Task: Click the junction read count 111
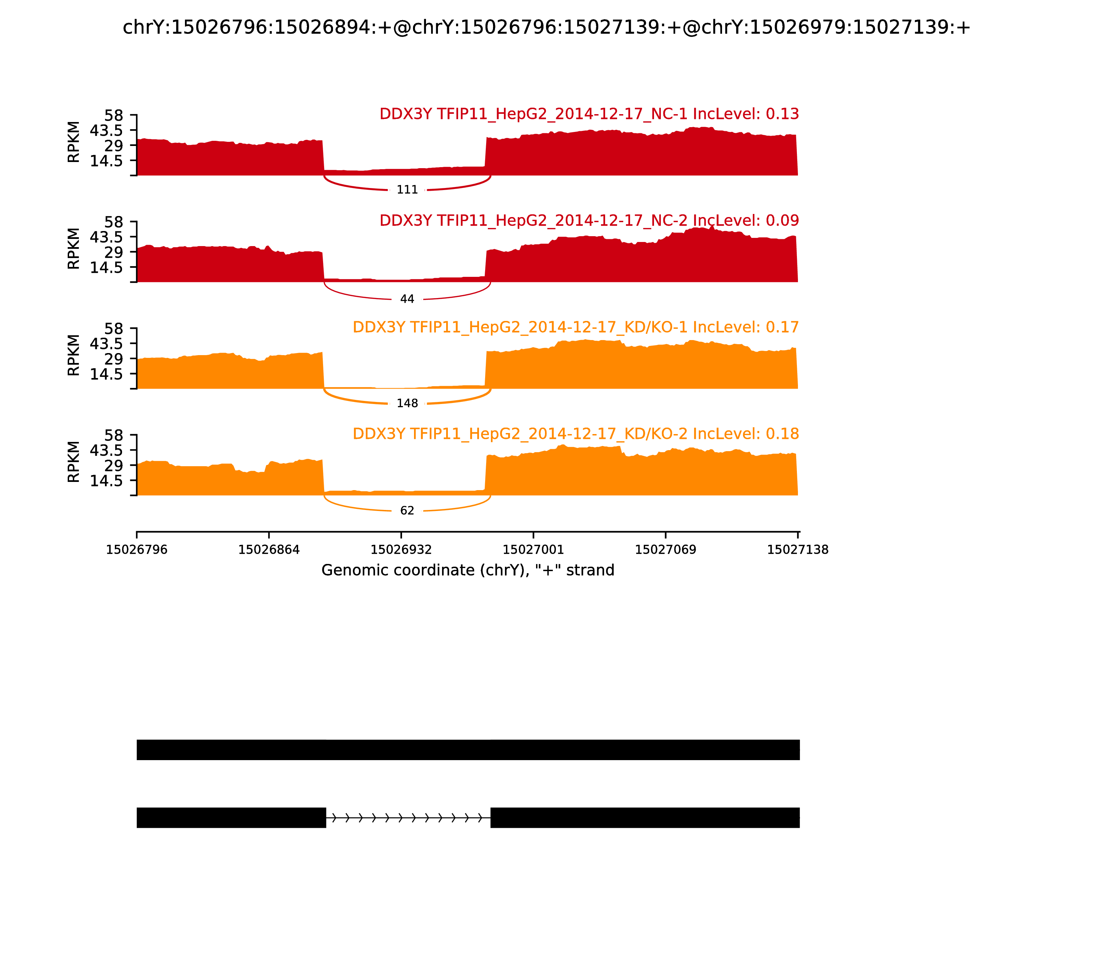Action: point(407,190)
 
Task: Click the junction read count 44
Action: point(407,299)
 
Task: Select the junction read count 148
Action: point(407,403)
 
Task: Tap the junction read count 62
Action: point(407,511)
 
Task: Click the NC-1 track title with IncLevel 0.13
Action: point(589,114)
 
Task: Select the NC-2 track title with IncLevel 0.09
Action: point(589,220)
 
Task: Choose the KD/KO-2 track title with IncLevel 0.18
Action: point(575,434)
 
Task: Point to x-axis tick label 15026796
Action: point(137,550)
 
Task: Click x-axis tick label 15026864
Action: point(269,550)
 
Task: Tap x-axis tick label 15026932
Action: point(401,550)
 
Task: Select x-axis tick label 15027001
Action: point(533,550)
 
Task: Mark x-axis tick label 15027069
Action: point(666,550)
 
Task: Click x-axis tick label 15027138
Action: point(798,550)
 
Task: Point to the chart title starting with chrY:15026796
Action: point(546,27)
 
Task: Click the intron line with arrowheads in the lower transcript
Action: point(408,818)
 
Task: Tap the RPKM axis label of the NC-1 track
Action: point(74,142)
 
